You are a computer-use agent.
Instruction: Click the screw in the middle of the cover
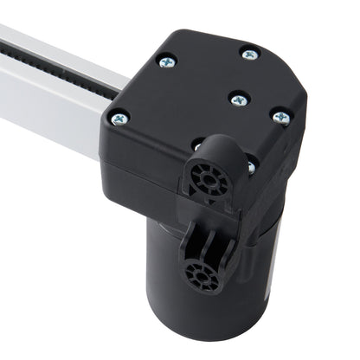pos(235,98)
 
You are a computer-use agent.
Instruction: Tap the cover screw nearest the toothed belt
pos(166,61)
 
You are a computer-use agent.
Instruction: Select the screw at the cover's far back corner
pos(249,54)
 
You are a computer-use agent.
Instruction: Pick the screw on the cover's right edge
pos(280,116)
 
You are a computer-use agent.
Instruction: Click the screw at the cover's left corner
pos(119,118)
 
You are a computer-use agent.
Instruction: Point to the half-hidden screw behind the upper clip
pos(250,167)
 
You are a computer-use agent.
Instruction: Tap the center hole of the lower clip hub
pos(202,278)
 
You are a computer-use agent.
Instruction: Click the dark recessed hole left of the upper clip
pos(198,145)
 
